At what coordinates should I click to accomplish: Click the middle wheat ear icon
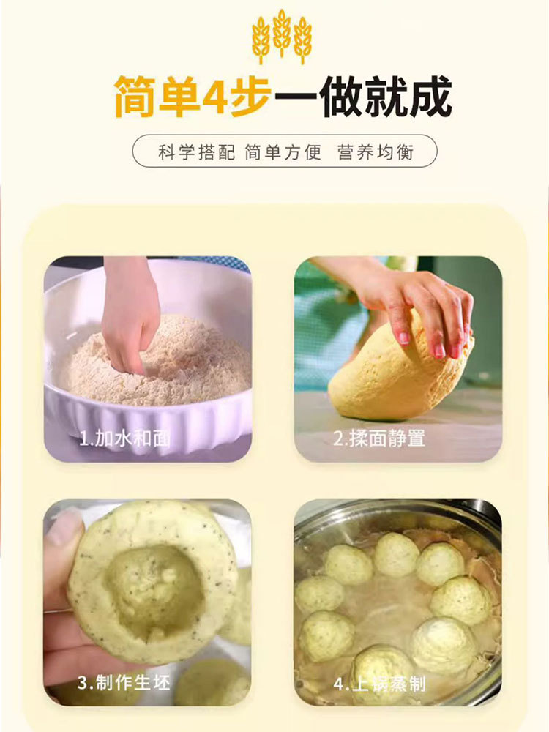pyautogui.click(x=282, y=33)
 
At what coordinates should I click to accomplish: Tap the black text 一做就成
pyautogui.click(x=363, y=97)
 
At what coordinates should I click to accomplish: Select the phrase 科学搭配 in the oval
pyautogui.click(x=196, y=152)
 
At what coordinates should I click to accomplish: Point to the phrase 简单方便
pyautogui.click(x=283, y=152)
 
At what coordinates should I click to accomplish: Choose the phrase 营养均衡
pyautogui.click(x=376, y=152)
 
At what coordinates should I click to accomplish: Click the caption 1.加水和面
pyautogui.click(x=124, y=438)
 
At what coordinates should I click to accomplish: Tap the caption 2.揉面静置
pyautogui.click(x=378, y=438)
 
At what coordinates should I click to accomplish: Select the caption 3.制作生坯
pyautogui.click(x=123, y=682)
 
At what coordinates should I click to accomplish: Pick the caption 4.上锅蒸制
pyautogui.click(x=379, y=684)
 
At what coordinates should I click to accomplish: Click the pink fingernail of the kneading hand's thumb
pyautogui.click(x=403, y=337)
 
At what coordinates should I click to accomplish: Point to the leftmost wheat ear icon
pyautogui.click(x=261, y=40)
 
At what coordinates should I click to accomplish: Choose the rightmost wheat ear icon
pyautogui.click(x=302, y=40)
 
